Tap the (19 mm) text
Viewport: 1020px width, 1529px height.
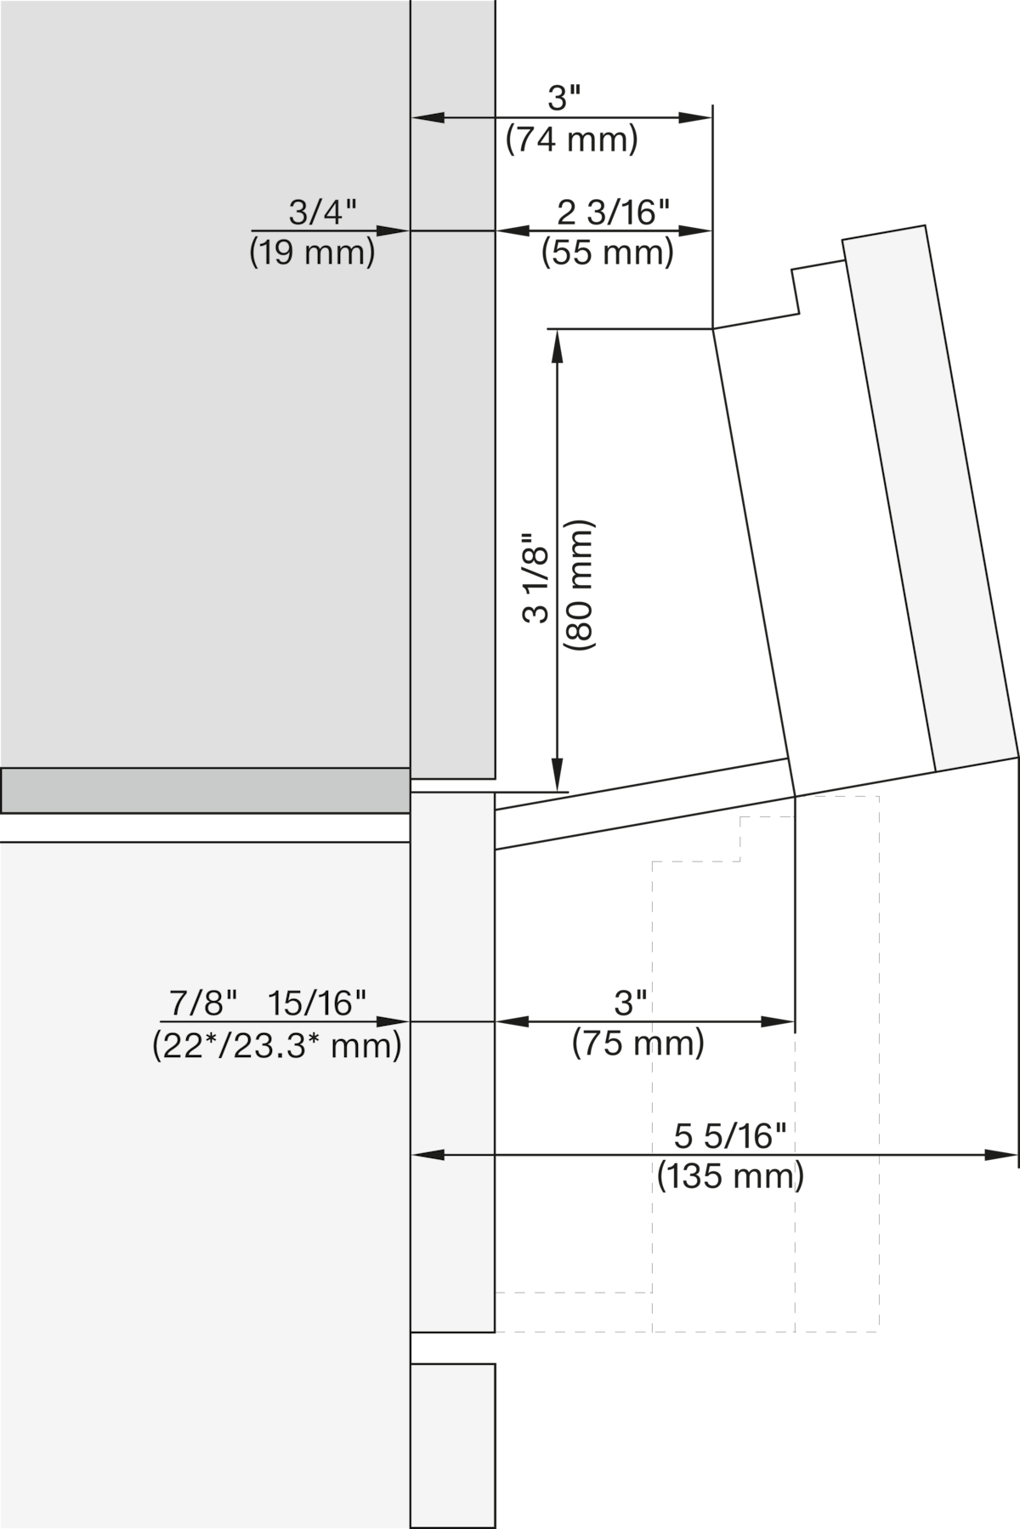pos(312,253)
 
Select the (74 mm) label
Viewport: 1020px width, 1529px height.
pos(571,139)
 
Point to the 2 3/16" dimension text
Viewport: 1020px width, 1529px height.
pos(614,213)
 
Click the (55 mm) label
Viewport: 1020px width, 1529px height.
pos(608,253)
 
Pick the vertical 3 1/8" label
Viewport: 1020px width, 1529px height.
pos(537,577)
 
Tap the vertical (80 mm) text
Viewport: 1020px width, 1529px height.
pos(579,586)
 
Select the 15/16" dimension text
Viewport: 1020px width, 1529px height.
pos(317,1003)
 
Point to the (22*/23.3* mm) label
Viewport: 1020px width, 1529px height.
pos(277,1045)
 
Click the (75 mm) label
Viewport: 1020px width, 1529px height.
pos(638,1043)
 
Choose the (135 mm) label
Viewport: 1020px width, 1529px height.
pos(730,1176)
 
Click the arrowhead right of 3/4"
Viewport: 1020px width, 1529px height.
pos(394,230)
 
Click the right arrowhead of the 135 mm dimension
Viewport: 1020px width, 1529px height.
pos(1000,1155)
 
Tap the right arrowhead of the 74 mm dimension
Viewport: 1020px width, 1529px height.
pos(695,117)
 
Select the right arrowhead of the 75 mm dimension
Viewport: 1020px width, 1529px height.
pos(778,1021)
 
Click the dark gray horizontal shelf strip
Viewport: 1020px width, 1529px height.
pos(206,791)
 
